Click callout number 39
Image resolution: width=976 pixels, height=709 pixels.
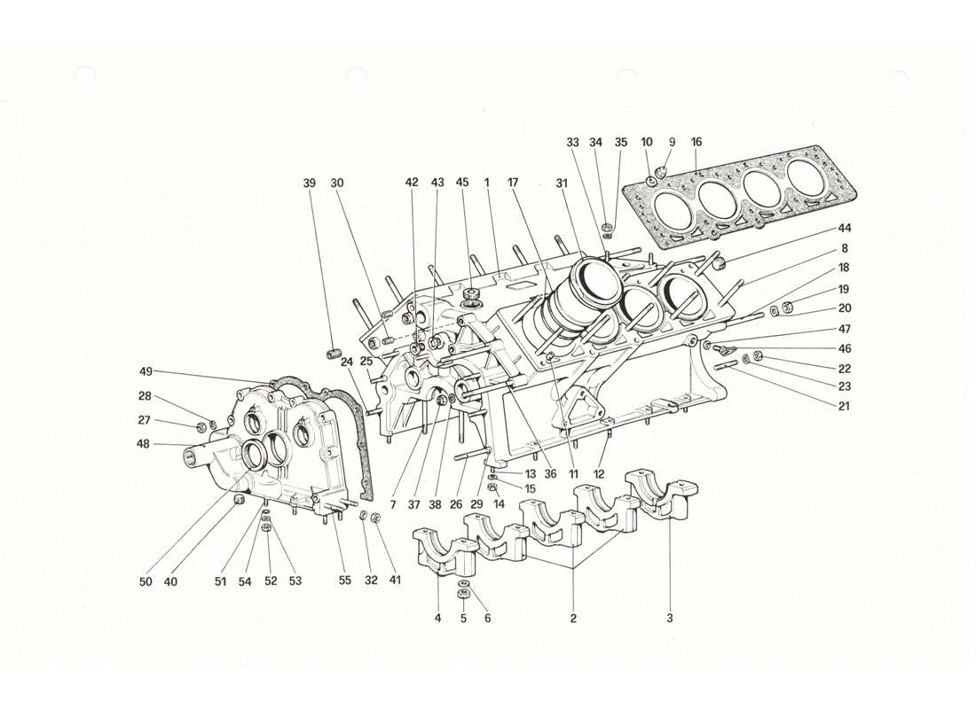pos(309,183)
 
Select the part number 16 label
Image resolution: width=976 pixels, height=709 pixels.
pos(697,142)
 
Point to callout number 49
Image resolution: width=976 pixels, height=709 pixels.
pos(146,371)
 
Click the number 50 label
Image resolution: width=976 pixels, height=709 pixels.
pos(146,581)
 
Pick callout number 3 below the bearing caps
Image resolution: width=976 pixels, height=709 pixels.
pos(670,618)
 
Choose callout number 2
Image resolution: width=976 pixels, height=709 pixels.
pos(573,618)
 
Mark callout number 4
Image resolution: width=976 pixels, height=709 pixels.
pos(437,618)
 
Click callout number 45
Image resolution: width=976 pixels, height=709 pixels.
pos(462,183)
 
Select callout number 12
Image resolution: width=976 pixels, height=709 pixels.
pos(599,474)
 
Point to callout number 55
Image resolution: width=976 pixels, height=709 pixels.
pos(344,581)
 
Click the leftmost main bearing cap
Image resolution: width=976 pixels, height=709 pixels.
pos(441,554)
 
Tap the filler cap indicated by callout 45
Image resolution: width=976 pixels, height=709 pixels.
pos(471,293)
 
